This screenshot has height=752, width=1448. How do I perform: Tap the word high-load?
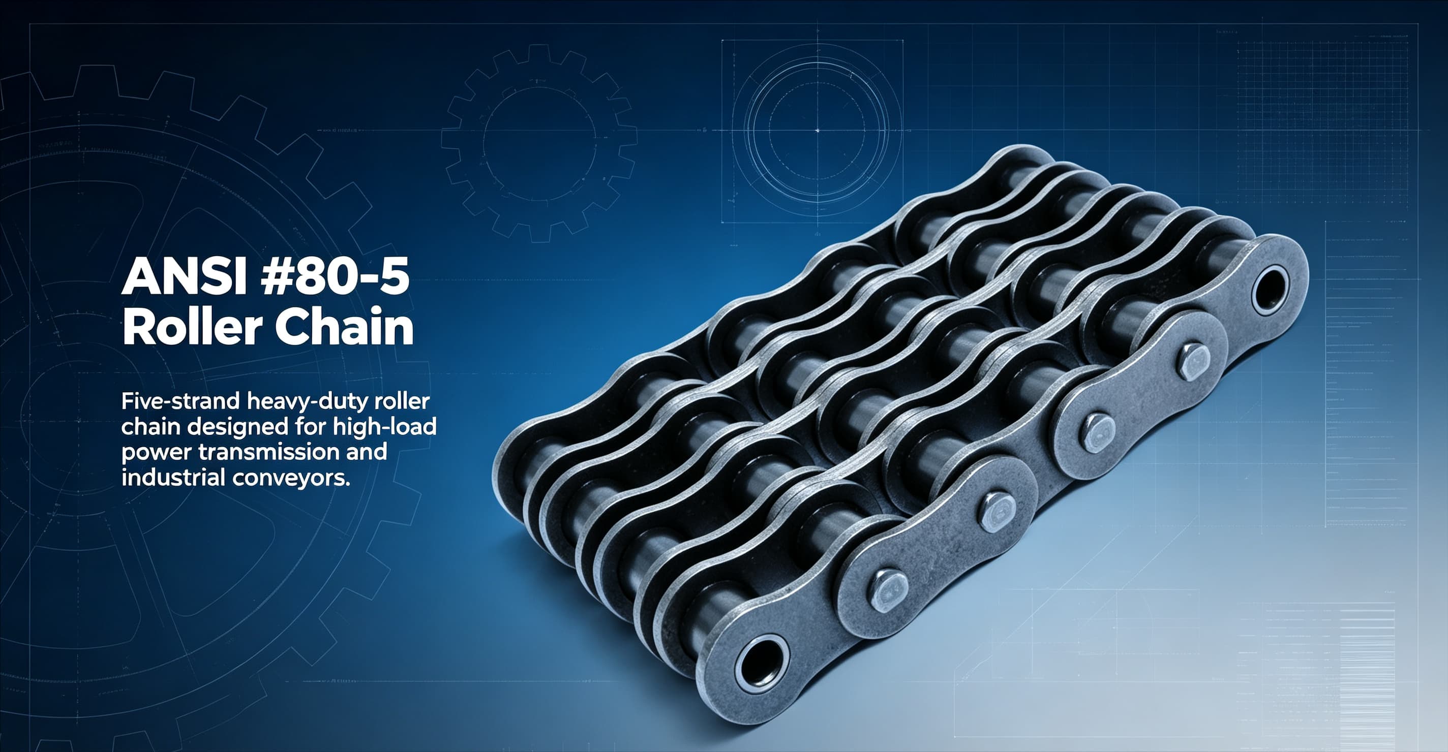pyautogui.click(x=384, y=428)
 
